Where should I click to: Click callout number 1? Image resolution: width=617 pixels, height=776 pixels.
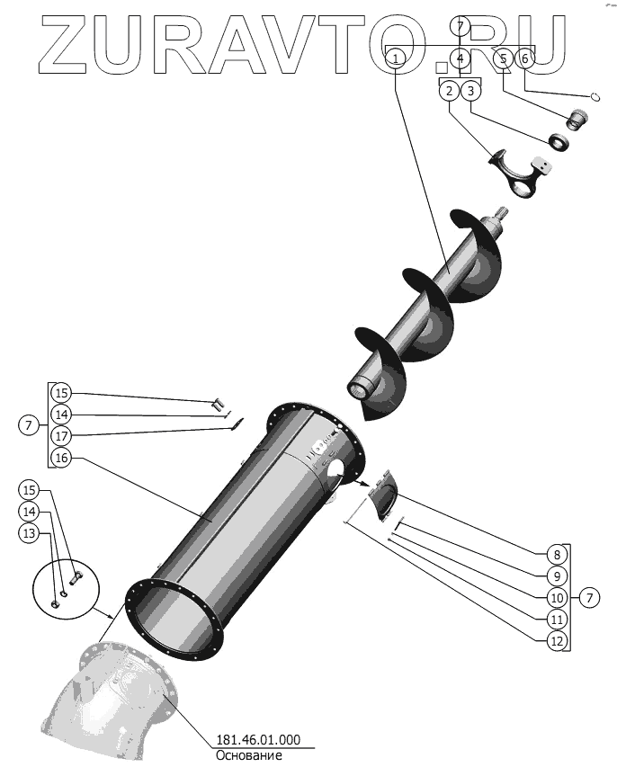(x=396, y=58)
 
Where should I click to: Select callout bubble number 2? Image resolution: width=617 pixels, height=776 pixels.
(x=448, y=90)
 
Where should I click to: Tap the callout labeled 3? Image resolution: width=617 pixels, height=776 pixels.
(x=471, y=90)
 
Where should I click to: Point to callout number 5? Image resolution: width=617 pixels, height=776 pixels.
(x=504, y=58)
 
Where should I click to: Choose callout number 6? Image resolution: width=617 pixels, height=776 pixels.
(x=526, y=58)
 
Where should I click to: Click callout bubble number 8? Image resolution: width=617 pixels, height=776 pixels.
(x=557, y=555)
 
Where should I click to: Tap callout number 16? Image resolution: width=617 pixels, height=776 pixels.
(x=60, y=458)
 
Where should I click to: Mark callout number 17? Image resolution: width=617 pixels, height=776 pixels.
(x=60, y=436)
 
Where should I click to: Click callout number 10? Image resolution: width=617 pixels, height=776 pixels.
(x=557, y=597)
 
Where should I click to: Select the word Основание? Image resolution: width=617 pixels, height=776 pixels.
(x=248, y=756)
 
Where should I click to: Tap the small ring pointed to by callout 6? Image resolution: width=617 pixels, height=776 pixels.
(x=595, y=96)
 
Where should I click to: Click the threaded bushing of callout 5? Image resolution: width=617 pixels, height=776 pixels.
(x=577, y=118)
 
